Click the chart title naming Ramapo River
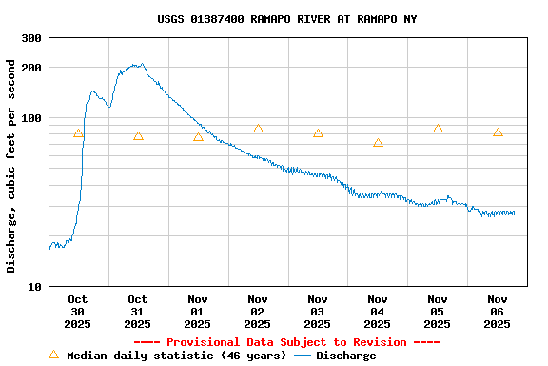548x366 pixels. [286, 19]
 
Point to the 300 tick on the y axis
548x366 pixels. [31, 38]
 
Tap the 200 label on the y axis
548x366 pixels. [31, 68]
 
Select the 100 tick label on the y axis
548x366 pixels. [31, 118]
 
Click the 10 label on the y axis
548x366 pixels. [35, 287]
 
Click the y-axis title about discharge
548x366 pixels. [11, 166]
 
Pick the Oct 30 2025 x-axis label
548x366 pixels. [78, 312]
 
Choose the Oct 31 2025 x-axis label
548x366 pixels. [138, 312]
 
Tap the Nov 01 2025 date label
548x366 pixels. [198, 312]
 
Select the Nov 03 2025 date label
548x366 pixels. [318, 312]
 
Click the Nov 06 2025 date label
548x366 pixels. [498, 312]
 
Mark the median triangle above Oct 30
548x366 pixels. [78, 133]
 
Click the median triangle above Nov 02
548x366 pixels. [258, 129]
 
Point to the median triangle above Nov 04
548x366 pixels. [378, 143]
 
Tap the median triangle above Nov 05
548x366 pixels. [438, 129]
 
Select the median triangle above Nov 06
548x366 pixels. [498, 132]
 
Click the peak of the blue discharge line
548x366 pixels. [141, 65]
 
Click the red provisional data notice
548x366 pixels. [286, 342]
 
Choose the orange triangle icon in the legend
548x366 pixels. [53, 355]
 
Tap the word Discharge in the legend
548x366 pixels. [345, 356]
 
